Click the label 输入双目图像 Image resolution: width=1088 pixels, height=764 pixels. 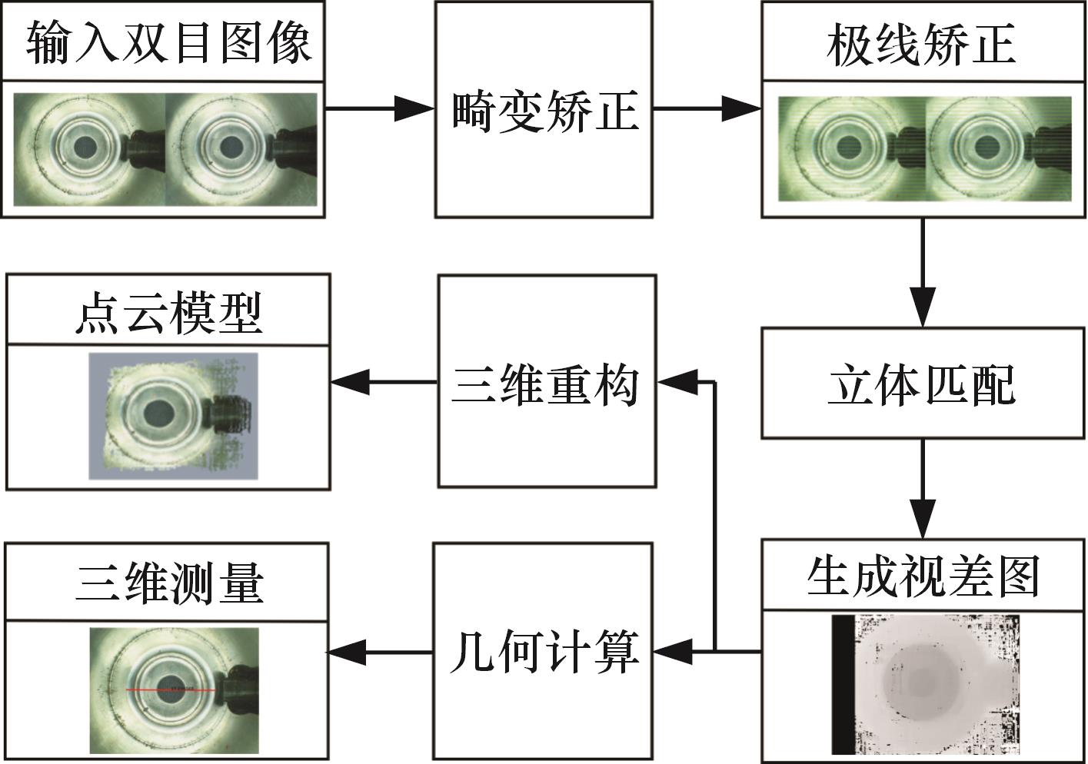point(168,43)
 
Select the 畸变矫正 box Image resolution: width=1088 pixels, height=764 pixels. point(544,110)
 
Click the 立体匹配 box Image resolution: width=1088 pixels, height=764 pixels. point(922,384)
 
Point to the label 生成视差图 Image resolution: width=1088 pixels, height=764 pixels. point(922,576)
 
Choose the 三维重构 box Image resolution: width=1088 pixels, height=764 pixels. point(546,381)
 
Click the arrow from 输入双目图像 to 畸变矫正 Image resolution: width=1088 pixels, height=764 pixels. point(378,108)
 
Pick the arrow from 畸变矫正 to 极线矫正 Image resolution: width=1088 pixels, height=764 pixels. point(706,108)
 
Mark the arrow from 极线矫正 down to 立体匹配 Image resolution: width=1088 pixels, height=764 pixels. point(922,273)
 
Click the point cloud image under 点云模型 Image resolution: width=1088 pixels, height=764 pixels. point(173,416)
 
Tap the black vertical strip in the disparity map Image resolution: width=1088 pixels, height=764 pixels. point(843,684)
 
